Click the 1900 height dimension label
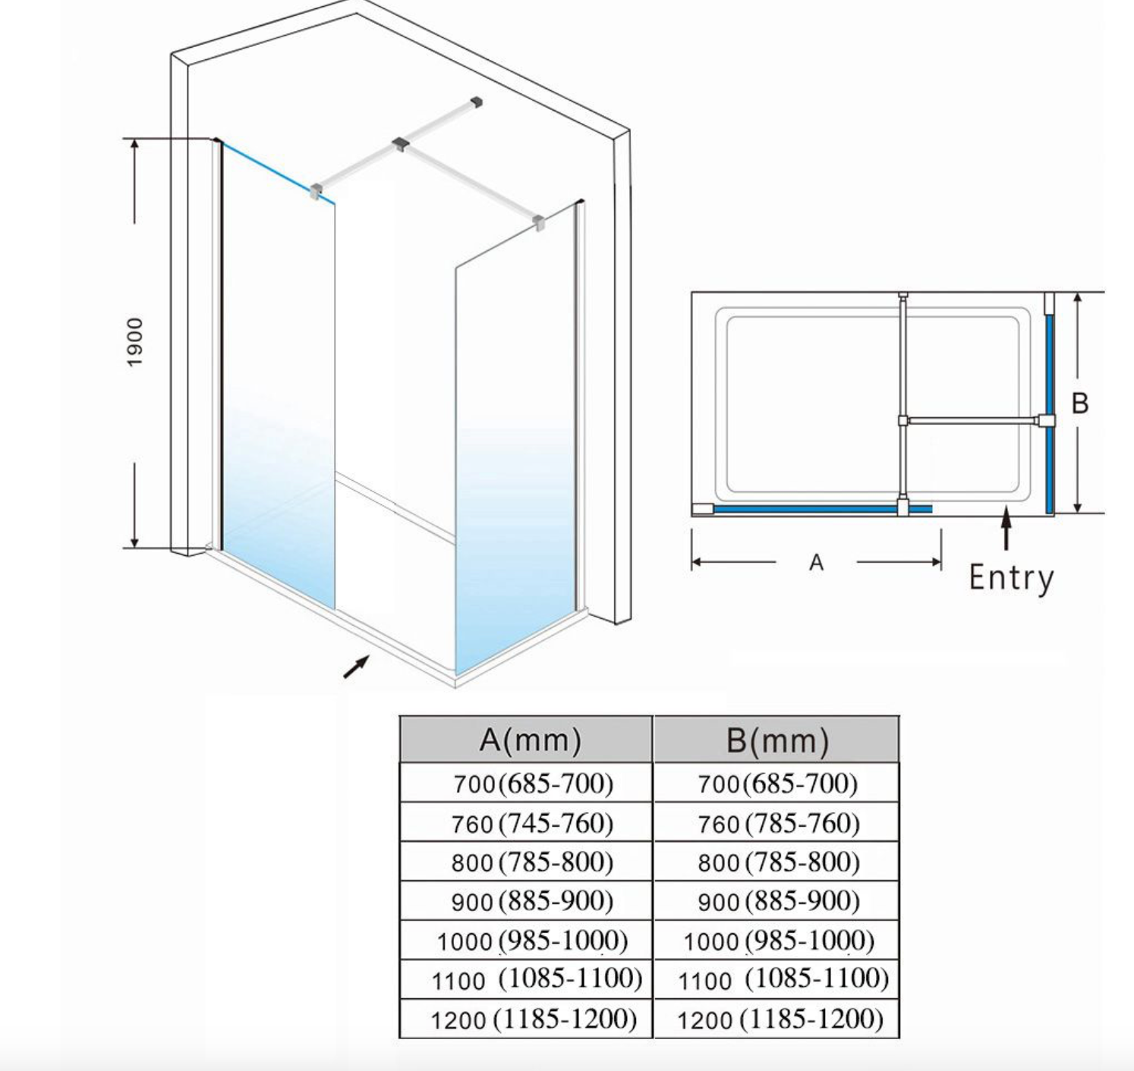[134, 342]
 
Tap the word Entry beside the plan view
[1011, 578]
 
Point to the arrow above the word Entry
[1006, 528]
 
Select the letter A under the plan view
[816, 563]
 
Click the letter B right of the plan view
[1079, 403]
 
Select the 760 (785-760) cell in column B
[778, 822]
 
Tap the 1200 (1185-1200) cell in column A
[533, 1019]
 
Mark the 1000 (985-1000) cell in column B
[778, 941]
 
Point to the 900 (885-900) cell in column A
[532, 901]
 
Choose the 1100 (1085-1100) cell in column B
[783, 979]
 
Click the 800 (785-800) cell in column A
[532, 862]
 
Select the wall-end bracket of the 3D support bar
[477, 101]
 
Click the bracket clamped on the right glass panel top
[538, 223]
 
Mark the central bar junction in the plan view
[903, 420]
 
